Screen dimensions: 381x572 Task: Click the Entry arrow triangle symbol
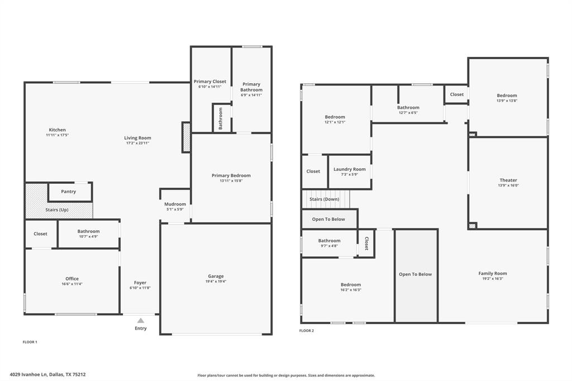pos(141,321)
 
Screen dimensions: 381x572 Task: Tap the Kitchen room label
pos(57,130)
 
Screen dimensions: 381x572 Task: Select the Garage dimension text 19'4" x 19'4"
pos(216,282)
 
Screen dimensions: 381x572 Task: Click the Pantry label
pos(68,192)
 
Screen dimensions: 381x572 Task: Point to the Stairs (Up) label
pos(56,209)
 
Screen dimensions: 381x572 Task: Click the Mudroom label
pos(175,204)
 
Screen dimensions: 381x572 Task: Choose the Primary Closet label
pos(210,82)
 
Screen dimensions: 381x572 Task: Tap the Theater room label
pos(508,180)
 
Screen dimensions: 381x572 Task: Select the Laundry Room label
pos(350,169)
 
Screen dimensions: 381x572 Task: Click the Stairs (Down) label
pos(324,199)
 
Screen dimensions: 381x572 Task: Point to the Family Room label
pos(492,273)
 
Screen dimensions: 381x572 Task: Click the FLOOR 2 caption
pos(306,331)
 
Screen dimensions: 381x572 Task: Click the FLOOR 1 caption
pos(30,341)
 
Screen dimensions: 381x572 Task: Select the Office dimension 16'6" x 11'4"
pos(72,284)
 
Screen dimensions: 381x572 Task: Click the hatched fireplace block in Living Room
pos(187,137)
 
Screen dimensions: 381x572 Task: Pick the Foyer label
pos(140,283)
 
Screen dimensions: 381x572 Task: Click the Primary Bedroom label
pos(231,175)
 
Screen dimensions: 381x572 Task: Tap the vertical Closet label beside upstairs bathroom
pos(366,243)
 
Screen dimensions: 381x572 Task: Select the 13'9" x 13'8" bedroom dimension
pos(507,101)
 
